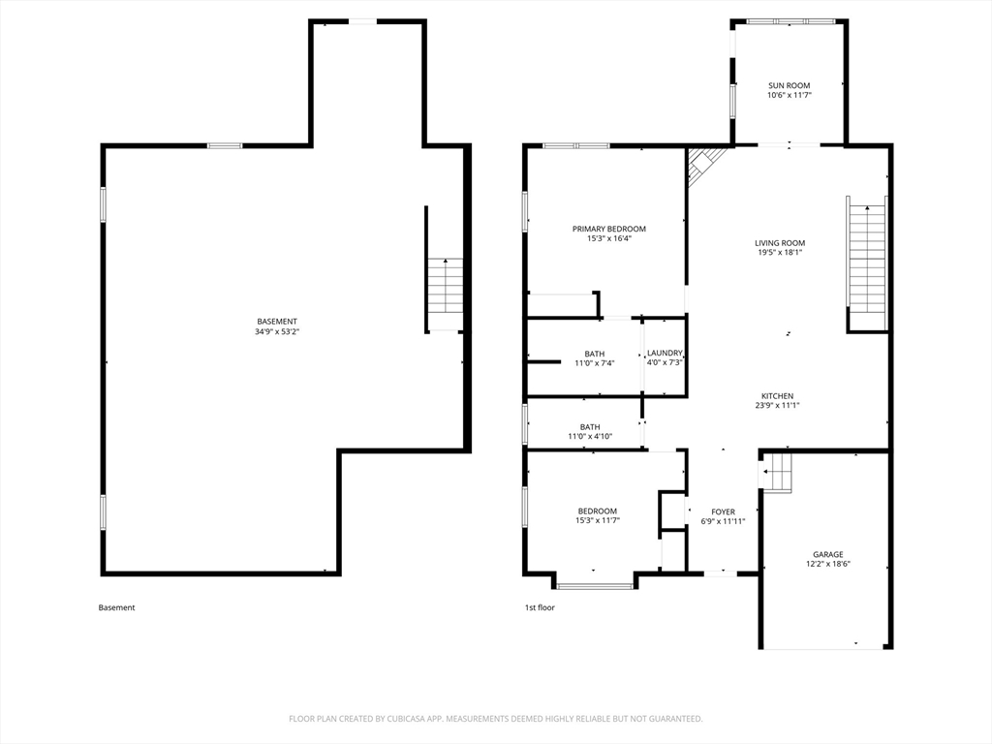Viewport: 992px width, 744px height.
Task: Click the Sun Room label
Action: tap(789, 85)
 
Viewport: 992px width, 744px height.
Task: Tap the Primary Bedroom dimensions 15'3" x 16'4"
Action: tap(609, 238)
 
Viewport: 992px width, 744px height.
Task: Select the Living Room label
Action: tap(780, 243)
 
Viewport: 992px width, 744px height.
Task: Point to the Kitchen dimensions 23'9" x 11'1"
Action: tap(777, 406)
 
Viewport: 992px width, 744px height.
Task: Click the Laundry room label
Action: tap(665, 353)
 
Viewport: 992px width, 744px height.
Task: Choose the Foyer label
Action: tap(723, 511)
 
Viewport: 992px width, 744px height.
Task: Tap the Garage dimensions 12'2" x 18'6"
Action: tap(828, 564)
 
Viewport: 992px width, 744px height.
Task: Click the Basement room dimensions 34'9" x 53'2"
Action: tap(277, 331)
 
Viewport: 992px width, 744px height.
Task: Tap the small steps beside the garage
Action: tap(778, 472)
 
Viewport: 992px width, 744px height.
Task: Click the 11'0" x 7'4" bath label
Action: tap(595, 358)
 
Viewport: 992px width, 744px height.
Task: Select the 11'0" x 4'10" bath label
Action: tap(590, 431)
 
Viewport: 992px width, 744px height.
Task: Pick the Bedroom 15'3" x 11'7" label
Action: tap(597, 515)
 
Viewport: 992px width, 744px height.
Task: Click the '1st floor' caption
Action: tap(540, 607)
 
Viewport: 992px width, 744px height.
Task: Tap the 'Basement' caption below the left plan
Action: tap(116, 607)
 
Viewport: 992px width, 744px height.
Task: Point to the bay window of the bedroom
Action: tap(595, 586)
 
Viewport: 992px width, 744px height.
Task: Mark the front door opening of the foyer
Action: tap(721, 573)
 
